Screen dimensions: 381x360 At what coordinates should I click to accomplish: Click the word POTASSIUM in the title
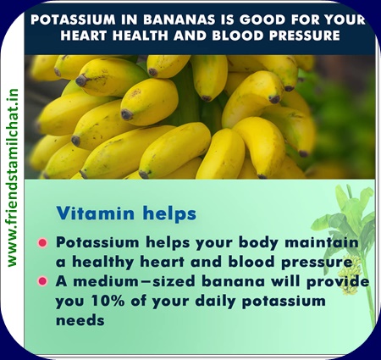[x=73, y=19]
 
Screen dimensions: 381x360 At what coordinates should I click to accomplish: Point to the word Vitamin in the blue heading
[x=96, y=213]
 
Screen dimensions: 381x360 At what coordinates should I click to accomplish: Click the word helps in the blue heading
[x=169, y=213]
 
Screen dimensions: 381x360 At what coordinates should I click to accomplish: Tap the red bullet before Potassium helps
[x=42, y=242]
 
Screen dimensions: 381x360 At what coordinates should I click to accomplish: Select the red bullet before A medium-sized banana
[x=42, y=281]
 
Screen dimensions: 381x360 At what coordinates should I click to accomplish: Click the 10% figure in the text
[x=108, y=301]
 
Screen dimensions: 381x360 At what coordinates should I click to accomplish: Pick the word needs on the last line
[x=80, y=320]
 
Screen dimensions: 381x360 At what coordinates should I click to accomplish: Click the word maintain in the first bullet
[x=322, y=242]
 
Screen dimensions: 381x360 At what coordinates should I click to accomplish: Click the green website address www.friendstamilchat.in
[x=13, y=178]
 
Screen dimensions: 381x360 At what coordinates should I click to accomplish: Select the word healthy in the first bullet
[x=103, y=263]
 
